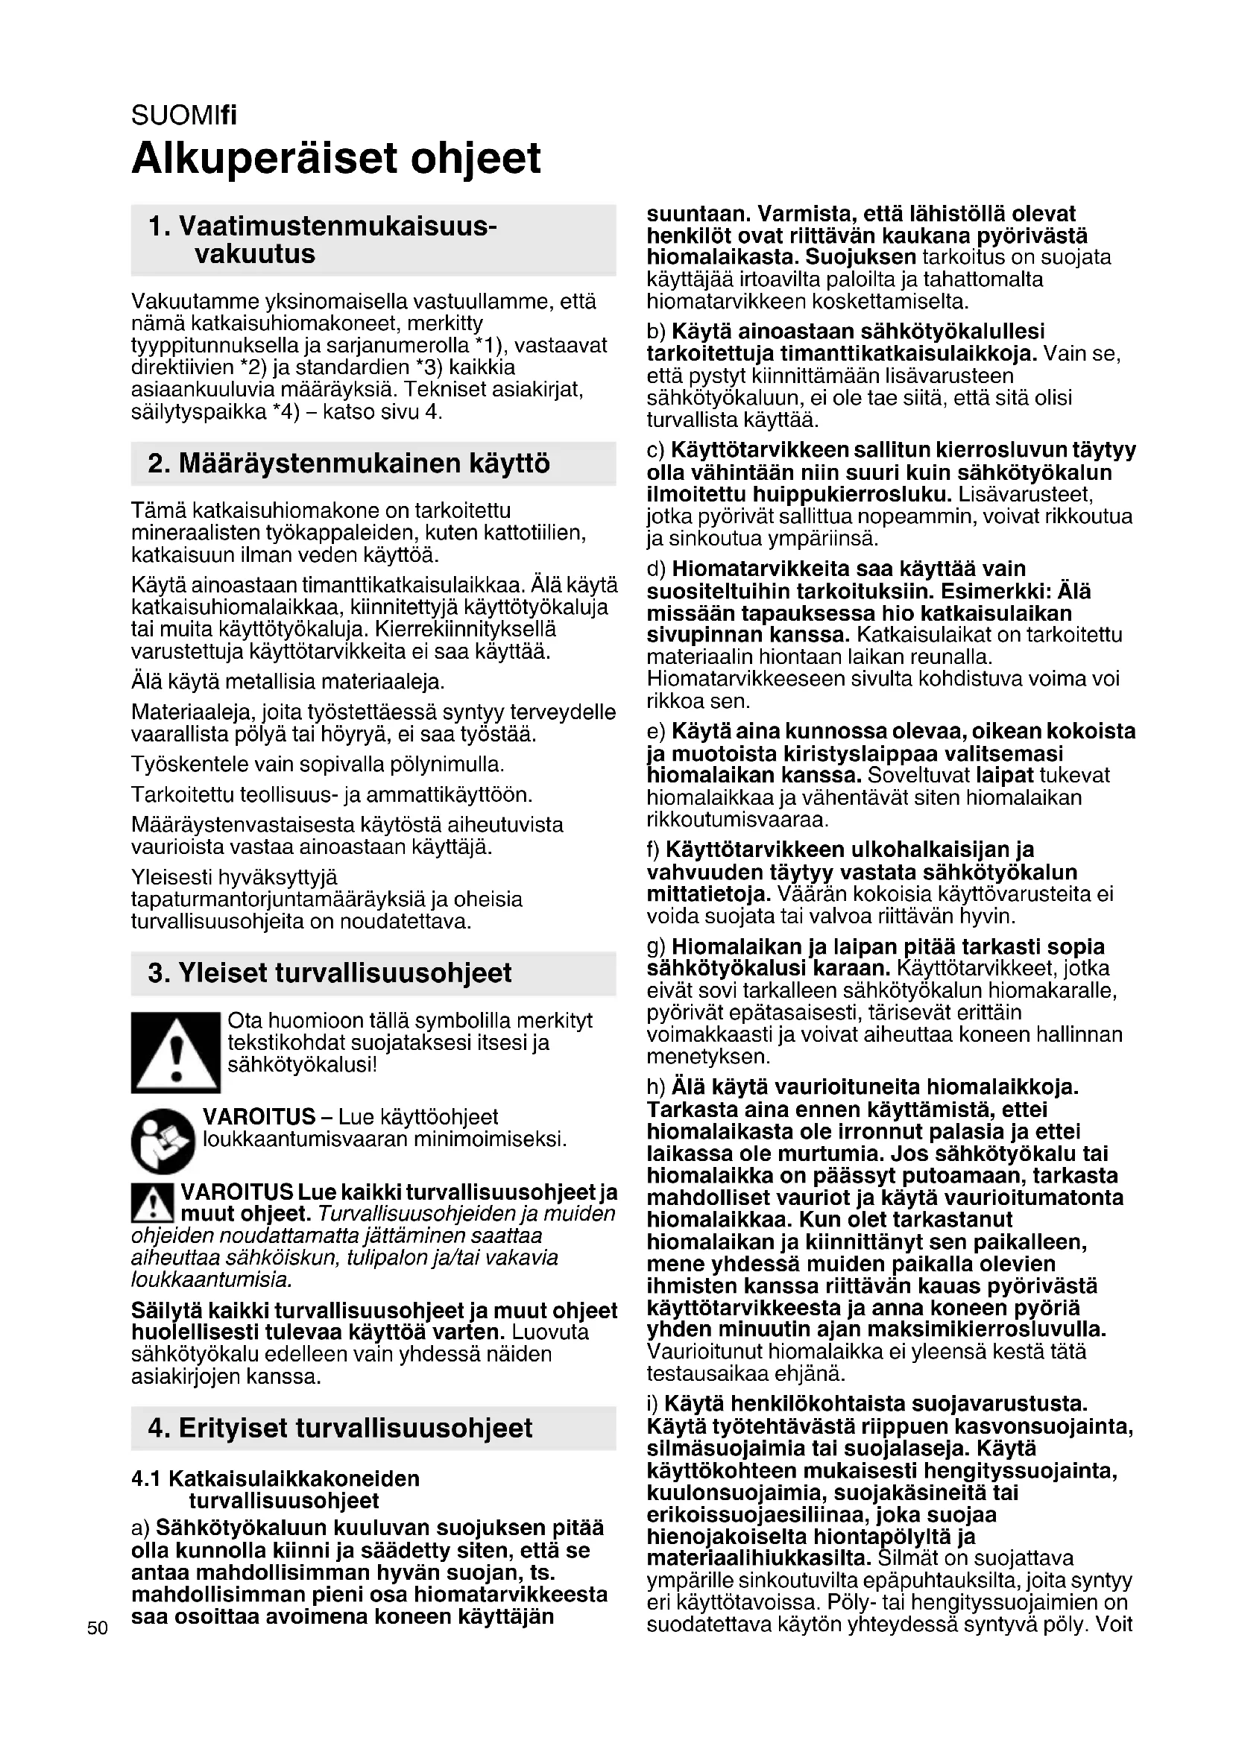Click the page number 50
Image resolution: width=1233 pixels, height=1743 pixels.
pos(97,1627)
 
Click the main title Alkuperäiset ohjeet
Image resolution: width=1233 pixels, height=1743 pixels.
pos(335,159)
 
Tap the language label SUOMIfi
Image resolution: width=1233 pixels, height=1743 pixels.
pos(183,116)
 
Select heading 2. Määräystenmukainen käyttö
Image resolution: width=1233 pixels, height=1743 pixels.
pos(348,463)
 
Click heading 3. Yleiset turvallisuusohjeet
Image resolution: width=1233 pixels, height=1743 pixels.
pos(329,973)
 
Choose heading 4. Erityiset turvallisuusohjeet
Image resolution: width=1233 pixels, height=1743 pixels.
pos(340,1428)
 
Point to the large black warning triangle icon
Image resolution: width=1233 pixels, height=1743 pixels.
pos(175,1052)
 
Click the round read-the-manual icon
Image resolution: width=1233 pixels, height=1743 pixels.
pos(163,1140)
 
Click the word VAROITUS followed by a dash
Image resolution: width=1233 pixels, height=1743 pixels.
pos(259,1117)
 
